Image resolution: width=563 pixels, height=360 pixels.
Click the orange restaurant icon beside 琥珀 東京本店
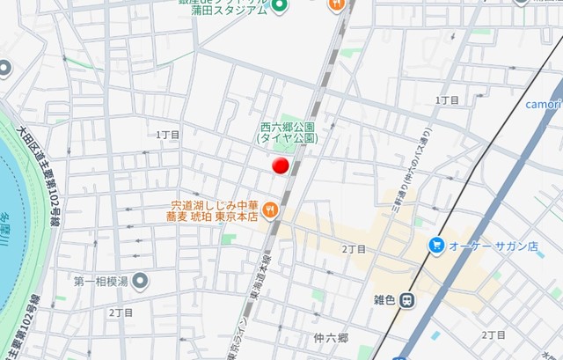pyautogui.click(x=271, y=210)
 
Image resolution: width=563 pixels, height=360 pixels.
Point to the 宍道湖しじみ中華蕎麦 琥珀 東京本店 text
pyautogui.click(x=213, y=210)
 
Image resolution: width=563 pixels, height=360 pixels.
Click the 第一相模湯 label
pyautogui.click(x=101, y=282)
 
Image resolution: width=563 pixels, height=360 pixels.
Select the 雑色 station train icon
pyautogui.click(x=406, y=299)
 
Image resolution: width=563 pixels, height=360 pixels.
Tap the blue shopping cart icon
pyautogui.click(x=435, y=245)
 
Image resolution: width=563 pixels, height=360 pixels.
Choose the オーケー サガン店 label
pyautogui.click(x=493, y=246)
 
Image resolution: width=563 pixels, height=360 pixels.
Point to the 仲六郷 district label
pyautogui.click(x=331, y=338)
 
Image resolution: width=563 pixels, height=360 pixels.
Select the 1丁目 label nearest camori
pyautogui.click(x=447, y=100)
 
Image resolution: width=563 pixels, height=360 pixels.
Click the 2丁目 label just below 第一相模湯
pyautogui.click(x=121, y=312)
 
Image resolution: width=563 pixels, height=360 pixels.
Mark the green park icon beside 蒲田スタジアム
pyautogui.click(x=280, y=8)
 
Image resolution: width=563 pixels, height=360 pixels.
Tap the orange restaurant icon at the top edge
pyautogui.click(x=336, y=4)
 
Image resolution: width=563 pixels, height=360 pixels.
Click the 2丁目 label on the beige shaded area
pyautogui.click(x=355, y=249)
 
